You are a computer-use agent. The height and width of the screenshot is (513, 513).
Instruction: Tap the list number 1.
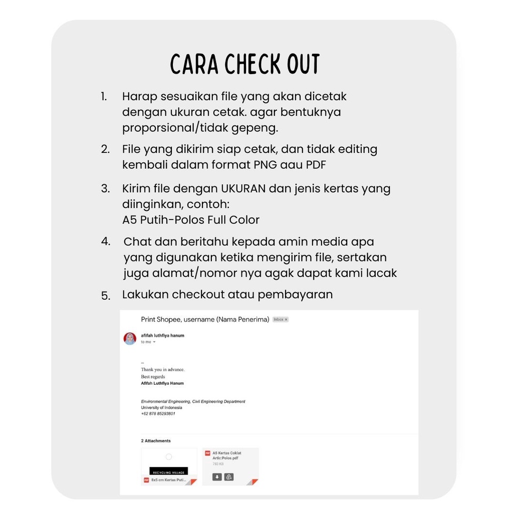click(104, 97)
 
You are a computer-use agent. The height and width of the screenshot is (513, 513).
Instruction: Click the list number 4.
click(105, 241)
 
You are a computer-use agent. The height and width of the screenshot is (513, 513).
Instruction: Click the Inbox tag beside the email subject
click(280, 320)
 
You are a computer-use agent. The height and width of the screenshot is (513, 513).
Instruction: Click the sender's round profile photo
click(130, 339)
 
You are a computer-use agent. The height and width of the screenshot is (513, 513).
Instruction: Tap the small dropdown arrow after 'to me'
click(154, 342)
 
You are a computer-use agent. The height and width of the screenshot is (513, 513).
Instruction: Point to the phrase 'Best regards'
click(153, 376)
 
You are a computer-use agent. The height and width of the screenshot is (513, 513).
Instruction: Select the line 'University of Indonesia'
click(161, 407)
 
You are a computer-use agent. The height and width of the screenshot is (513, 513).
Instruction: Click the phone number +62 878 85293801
click(158, 414)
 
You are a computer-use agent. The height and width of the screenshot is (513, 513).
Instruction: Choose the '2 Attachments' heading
click(156, 441)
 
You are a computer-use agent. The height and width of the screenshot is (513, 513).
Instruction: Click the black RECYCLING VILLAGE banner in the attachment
click(169, 471)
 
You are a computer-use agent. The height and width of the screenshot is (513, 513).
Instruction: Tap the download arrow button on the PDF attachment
click(217, 477)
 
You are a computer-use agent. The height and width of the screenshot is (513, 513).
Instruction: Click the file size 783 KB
click(218, 464)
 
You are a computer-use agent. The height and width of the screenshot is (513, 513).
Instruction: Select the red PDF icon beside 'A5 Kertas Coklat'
click(207, 453)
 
